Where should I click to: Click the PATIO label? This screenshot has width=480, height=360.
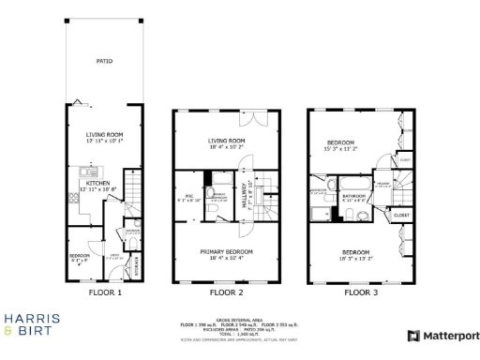[105, 61]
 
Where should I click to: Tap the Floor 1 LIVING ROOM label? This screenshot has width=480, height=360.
[105, 134]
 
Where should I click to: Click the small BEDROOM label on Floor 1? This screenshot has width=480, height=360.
[81, 254]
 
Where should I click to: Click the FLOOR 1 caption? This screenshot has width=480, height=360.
[105, 292]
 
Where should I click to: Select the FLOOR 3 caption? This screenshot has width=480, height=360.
[361, 292]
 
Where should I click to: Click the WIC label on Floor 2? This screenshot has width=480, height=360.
[188, 196]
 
